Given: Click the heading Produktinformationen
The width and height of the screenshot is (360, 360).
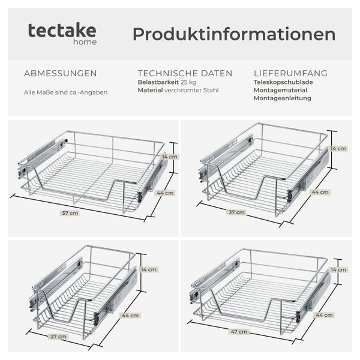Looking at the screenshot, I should pyautogui.click(x=234, y=34).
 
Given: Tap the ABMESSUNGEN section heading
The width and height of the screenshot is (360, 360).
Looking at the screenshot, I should pyautogui.click(x=60, y=74).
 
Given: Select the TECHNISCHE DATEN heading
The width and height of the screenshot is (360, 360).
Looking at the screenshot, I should pyautogui.click(x=185, y=74).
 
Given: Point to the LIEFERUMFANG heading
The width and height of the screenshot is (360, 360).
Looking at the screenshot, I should pyautogui.click(x=290, y=74).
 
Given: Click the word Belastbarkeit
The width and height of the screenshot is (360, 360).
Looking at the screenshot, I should pyautogui.click(x=158, y=82).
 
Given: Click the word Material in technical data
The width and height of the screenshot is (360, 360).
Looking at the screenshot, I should pyautogui.click(x=150, y=91).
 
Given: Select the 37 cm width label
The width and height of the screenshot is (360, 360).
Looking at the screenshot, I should pyautogui.click(x=237, y=212).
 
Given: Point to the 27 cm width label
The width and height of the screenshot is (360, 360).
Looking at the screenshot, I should pyautogui.click(x=58, y=337).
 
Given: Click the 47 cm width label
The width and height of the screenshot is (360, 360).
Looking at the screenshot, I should pyautogui.click(x=238, y=331).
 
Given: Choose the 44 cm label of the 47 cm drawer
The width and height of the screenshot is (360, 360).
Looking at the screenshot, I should pyautogui.click(x=324, y=314).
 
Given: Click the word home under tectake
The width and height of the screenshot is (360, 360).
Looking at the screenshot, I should pyautogui.click(x=87, y=43).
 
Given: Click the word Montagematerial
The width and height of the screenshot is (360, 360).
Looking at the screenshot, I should pyautogui.click(x=282, y=91).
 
